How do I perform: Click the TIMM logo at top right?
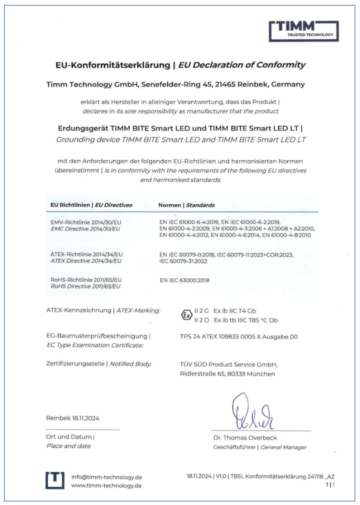(304, 31)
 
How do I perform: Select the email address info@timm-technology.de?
(107, 477)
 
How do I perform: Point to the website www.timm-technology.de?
(107, 486)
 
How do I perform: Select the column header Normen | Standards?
(186, 205)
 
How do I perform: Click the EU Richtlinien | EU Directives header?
(91, 205)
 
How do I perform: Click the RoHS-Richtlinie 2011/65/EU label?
(84, 280)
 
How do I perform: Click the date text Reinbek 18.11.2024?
(73, 418)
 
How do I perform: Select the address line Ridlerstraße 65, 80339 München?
(227, 374)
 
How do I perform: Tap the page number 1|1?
(331, 485)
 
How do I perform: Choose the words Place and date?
(69, 446)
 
